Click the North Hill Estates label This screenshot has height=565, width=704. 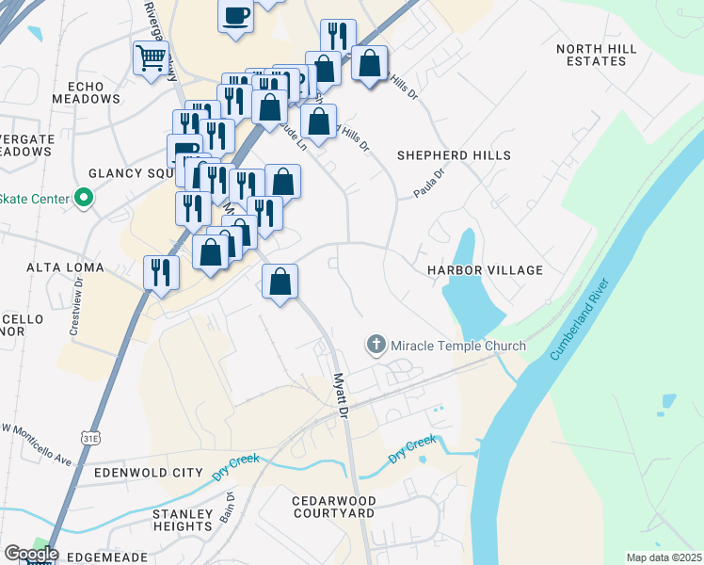[x=603, y=55]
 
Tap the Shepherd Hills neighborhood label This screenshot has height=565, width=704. [x=454, y=155]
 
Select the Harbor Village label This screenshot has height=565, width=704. [x=485, y=270]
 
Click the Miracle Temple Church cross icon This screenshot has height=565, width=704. [x=376, y=345]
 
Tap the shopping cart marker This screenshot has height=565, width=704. [x=151, y=58]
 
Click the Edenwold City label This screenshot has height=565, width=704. [x=149, y=472]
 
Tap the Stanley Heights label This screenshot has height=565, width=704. [x=184, y=520]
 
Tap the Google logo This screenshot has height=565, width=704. [x=30, y=554]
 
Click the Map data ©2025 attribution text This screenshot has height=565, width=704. [x=664, y=557]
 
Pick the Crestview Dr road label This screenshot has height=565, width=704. [x=74, y=309]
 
